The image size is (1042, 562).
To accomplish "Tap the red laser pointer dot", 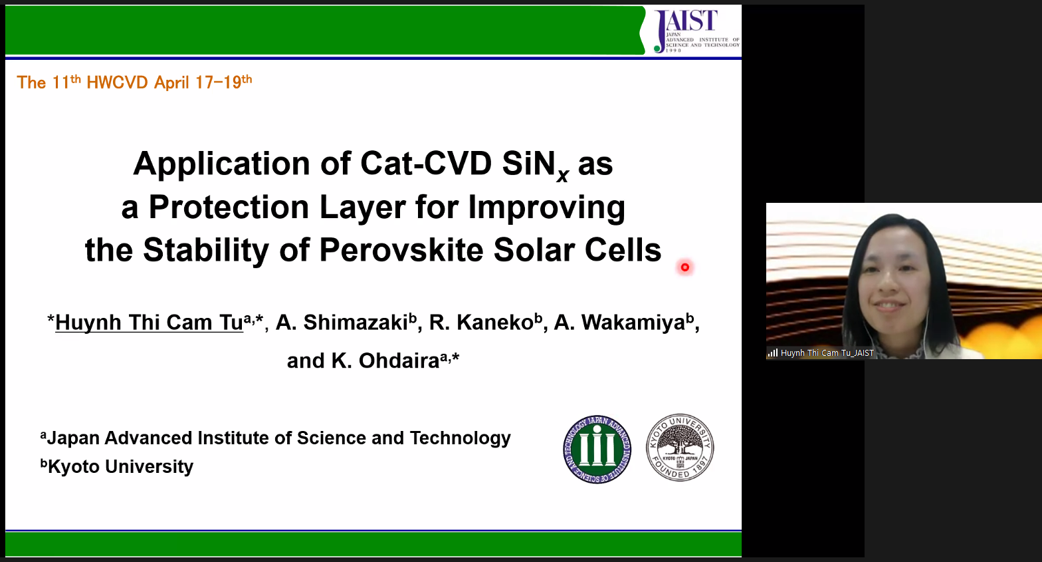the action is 684,267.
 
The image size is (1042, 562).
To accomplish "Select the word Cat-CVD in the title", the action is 425,164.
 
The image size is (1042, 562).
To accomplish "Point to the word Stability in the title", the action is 205,251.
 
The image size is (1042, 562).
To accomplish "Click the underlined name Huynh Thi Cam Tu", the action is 150,322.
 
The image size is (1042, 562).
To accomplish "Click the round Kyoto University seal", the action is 680,448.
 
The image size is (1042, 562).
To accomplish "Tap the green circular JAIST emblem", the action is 597,449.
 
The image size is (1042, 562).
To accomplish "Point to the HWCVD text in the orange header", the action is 117,82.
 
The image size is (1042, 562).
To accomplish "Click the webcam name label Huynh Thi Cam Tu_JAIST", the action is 827,353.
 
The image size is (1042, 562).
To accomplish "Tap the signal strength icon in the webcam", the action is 773,353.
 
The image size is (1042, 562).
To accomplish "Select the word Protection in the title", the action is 229,207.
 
